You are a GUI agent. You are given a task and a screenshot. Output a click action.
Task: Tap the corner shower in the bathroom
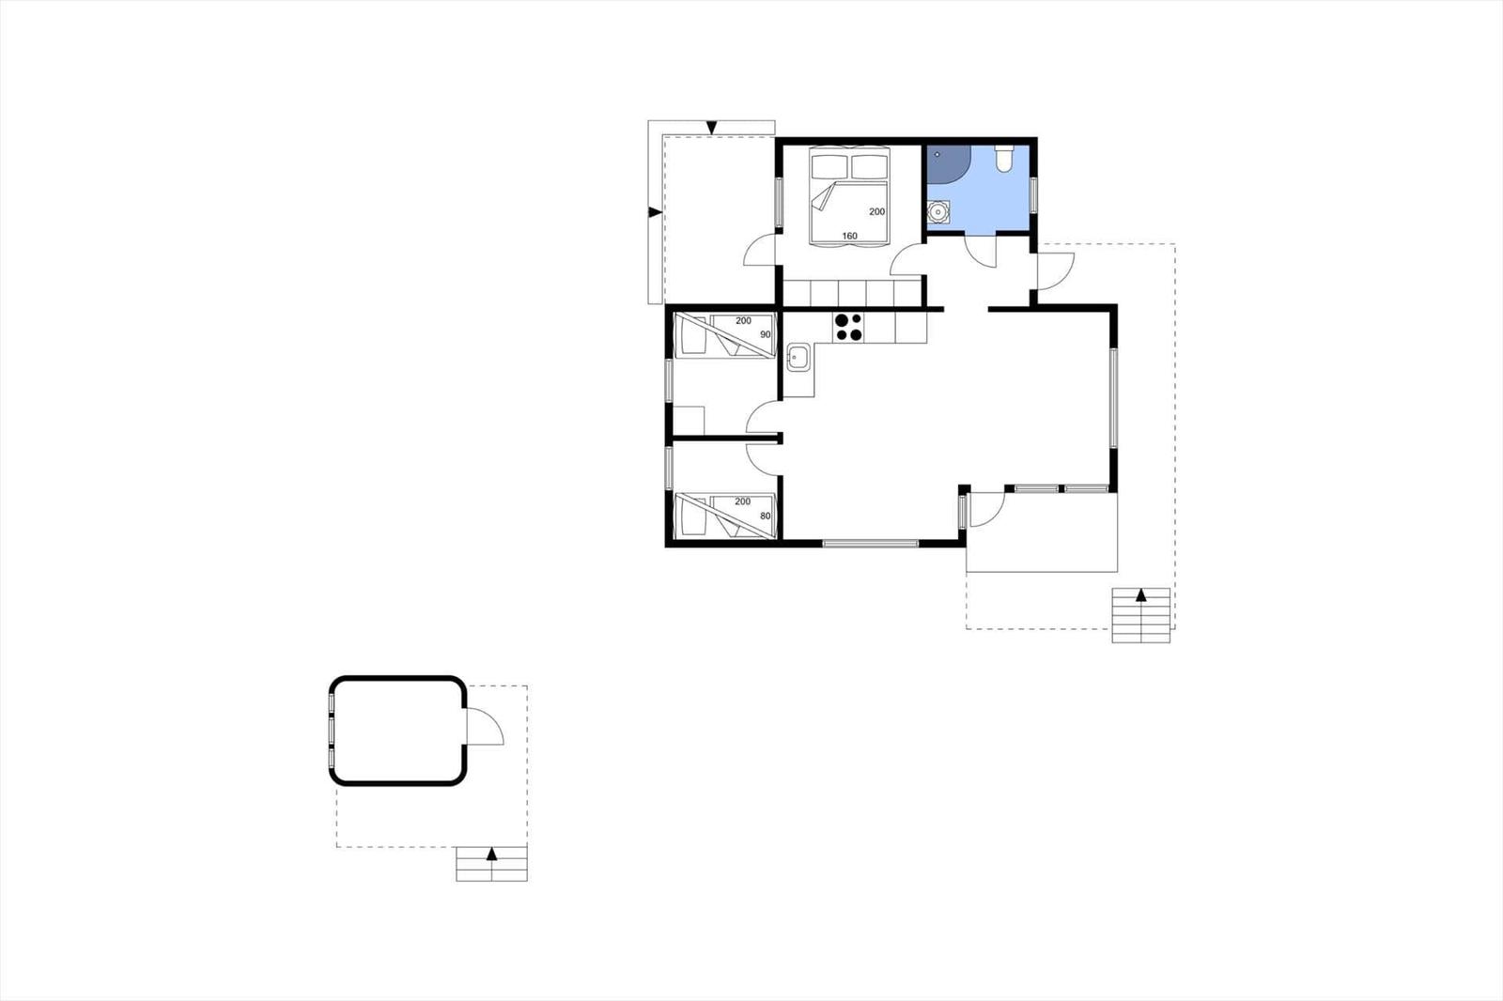947,164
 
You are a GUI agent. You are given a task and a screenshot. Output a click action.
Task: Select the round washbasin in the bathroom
937,213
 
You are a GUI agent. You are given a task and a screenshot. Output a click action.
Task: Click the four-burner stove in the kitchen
848,327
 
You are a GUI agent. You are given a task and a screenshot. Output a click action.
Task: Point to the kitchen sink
798,357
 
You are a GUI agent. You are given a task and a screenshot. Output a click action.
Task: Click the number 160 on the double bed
849,236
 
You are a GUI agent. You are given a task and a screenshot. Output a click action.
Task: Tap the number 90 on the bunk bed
765,334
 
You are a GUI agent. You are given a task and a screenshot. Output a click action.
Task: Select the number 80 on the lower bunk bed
765,516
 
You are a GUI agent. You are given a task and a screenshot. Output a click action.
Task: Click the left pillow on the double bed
829,167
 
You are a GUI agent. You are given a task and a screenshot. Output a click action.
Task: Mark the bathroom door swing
981,251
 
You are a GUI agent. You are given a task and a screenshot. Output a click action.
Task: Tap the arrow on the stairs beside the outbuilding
491,854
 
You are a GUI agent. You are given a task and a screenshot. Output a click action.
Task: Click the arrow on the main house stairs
1141,595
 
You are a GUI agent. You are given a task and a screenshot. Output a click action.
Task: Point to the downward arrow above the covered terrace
712,128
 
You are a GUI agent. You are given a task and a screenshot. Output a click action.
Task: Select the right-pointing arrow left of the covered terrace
655,212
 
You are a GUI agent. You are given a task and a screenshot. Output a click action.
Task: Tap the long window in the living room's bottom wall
870,543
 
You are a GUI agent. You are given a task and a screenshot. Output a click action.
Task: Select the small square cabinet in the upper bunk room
690,420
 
